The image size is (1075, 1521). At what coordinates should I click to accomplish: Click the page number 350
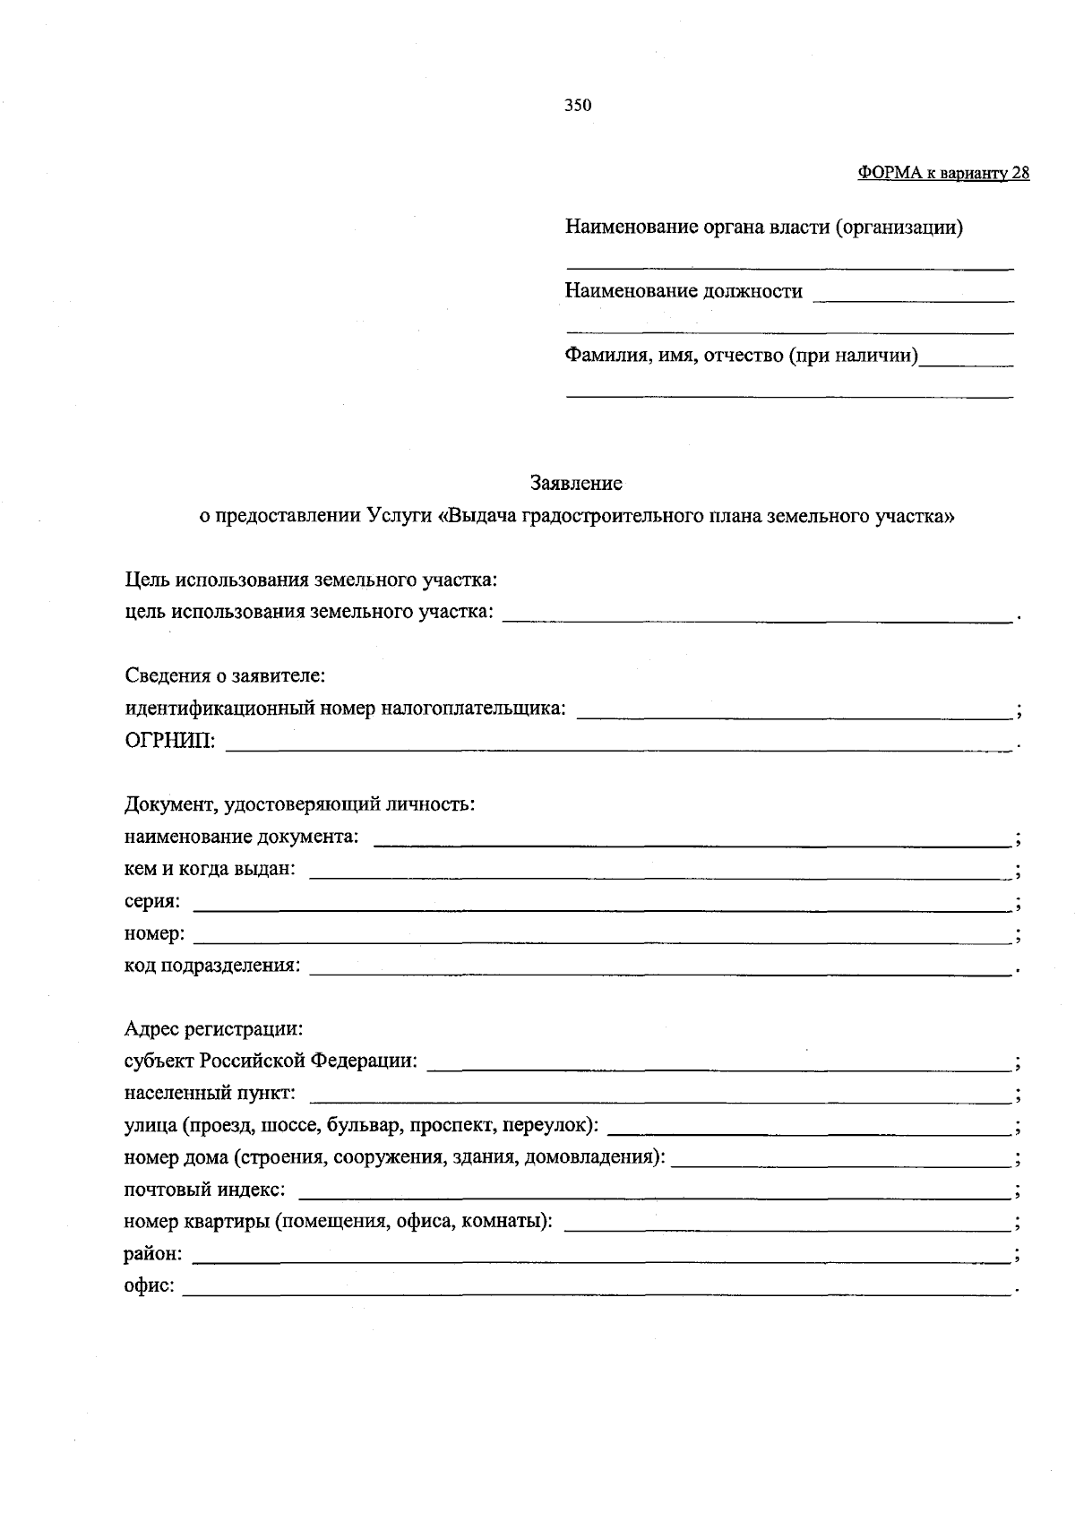[x=578, y=106]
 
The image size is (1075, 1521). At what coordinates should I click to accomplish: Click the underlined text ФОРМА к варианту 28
[x=943, y=174]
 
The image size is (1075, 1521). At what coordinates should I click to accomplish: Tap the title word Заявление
[x=576, y=484]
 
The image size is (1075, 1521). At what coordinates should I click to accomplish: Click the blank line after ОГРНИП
[x=618, y=743]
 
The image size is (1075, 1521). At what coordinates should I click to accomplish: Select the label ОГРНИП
[x=169, y=742]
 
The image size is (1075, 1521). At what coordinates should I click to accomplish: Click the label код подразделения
[x=211, y=967]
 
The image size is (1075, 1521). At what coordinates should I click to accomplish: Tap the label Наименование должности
[x=684, y=291]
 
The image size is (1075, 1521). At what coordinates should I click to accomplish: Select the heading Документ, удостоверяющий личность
[x=299, y=804]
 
